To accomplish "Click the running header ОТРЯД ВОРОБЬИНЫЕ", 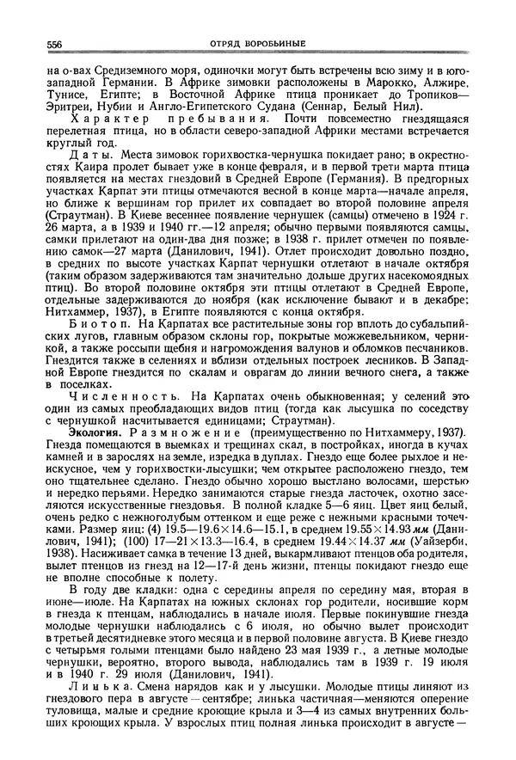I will tap(258, 43).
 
